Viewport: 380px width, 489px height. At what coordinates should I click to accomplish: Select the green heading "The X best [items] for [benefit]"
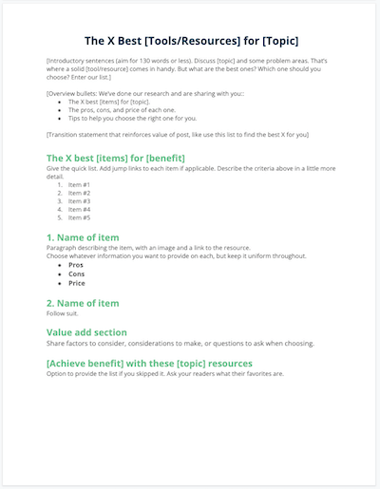tap(115, 157)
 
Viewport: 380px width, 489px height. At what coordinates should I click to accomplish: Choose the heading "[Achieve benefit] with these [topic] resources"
tap(149, 363)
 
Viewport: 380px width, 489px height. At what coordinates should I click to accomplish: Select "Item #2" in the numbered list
tap(80, 192)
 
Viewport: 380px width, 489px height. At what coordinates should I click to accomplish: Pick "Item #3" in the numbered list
tap(80, 200)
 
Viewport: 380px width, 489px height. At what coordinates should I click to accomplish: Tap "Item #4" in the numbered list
tap(80, 209)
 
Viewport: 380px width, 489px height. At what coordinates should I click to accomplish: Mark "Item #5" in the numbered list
tap(80, 217)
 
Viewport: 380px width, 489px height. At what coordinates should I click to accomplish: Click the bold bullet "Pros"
tap(76, 265)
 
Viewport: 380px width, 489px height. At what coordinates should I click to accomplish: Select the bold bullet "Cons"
tap(76, 273)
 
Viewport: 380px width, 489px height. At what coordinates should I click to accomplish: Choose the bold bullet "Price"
tap(77, 283)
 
